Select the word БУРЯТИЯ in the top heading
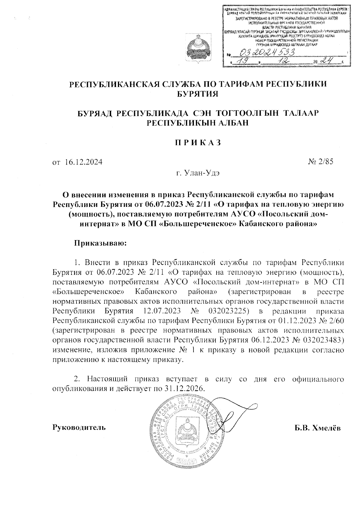pyautogui.click(x=198, y=94)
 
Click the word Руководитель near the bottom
pyautogui.click(x=79, y=427)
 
